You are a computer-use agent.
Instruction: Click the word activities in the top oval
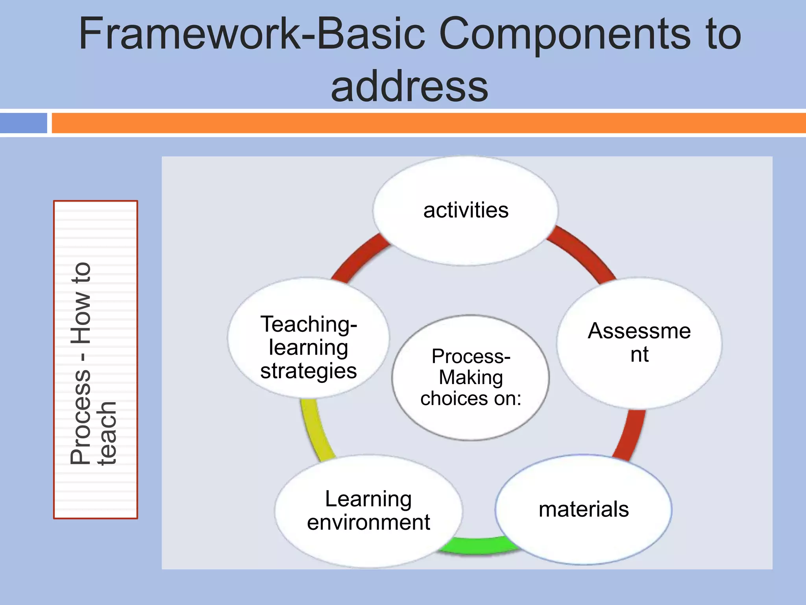466,210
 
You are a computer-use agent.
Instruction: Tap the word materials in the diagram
584,509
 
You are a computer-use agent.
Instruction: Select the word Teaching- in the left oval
309,325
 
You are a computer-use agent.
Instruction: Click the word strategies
309,371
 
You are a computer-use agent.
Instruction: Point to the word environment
368,523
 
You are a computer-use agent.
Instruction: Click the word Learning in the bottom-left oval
368,499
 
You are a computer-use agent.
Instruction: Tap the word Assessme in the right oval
639,331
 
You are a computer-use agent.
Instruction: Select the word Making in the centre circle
471,377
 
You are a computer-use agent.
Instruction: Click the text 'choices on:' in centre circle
471,399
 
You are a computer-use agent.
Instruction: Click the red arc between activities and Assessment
582,252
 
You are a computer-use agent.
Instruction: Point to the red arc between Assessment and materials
630,433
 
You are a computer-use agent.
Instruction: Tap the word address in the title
409,87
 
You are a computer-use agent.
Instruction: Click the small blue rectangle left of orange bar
24,123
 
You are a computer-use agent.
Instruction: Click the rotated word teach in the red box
107,433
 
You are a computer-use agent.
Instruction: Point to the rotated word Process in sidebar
81,418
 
